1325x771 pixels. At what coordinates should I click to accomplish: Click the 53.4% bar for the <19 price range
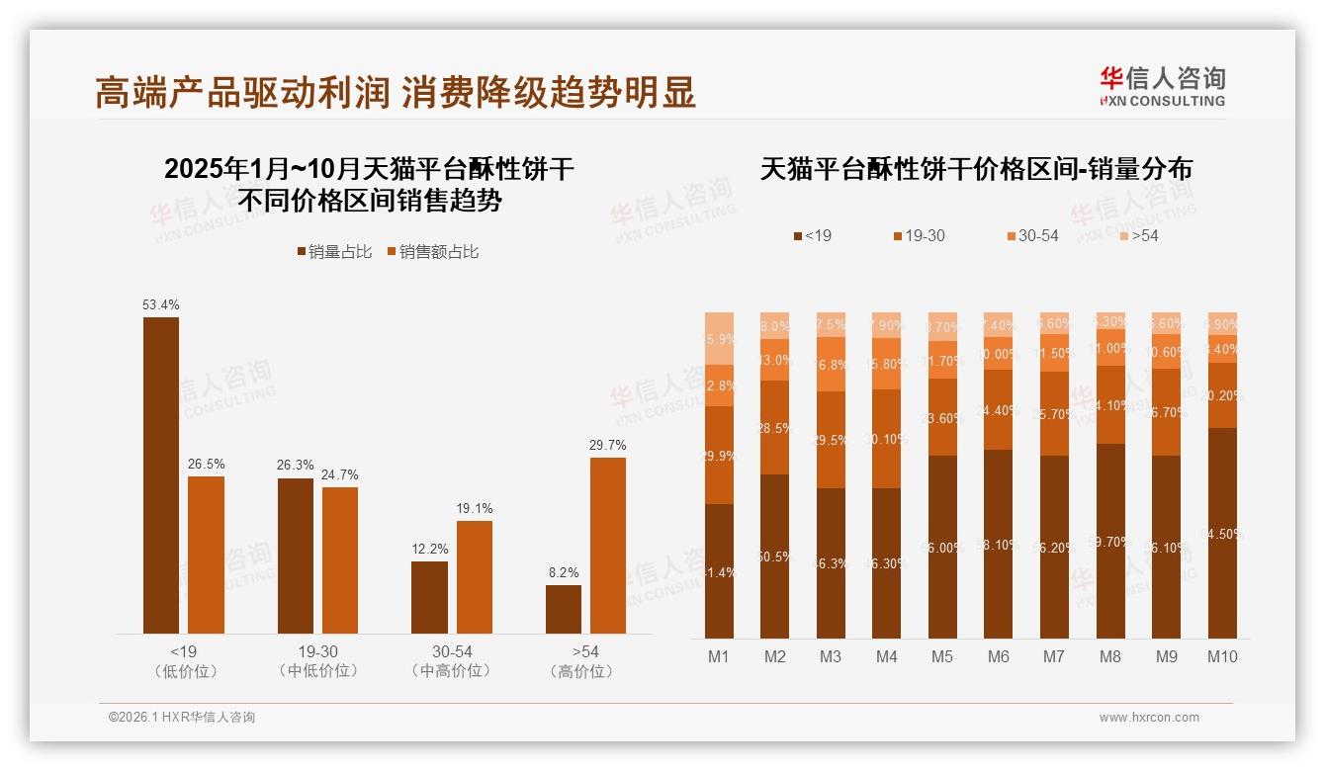(161, 474)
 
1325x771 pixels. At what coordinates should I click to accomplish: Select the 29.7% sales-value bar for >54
(608, 545)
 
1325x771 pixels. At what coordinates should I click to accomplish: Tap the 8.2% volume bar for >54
(564, 609)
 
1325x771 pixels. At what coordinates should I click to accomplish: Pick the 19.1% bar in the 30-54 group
(475, 576)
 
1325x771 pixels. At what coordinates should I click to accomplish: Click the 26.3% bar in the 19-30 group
(296, 556)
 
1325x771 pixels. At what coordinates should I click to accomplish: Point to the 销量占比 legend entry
(334, 252)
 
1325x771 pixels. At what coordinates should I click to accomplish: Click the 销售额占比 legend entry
(432, 252)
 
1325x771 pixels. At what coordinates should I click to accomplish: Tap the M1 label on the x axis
(720, 656)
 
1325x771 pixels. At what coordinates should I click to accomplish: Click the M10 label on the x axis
(1222, 656)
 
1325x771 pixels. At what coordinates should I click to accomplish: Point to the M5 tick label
(943, 656)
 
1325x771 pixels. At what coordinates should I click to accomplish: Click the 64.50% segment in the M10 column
(1222, 533)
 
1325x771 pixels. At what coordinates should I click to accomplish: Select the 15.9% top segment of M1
(720, 338)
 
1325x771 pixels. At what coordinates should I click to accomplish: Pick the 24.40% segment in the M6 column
(999, 409)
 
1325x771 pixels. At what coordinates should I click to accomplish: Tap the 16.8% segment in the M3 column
(832, 364)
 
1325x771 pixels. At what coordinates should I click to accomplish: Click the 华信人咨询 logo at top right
(1162, 86)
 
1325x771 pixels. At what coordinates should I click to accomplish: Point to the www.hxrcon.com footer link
(1149, 718)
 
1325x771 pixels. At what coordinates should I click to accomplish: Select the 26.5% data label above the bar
(206, 464)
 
